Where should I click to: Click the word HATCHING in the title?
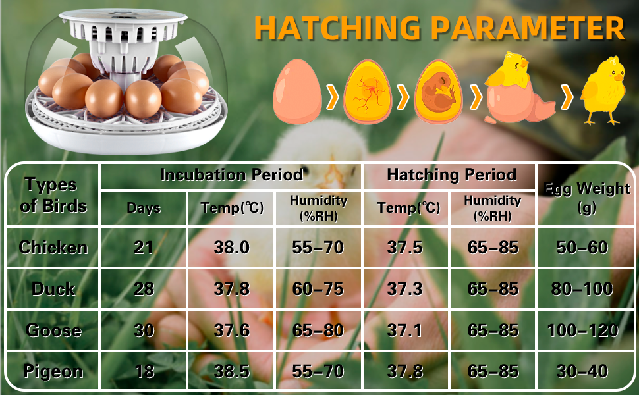(x=337, y=28)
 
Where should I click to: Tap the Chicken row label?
(x=53, y=247)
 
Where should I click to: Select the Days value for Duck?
(x=144, y=289)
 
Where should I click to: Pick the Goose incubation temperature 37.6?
(x=231, y=330)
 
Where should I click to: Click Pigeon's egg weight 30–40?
(x=582, y=371)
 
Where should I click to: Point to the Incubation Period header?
(x=232, y=174)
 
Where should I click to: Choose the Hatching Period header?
(x=451, y=174)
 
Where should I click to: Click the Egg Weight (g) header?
(x=587, y=198)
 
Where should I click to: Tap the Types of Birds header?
(x=53, y=195)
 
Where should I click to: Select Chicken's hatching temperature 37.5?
(x=404, y=247)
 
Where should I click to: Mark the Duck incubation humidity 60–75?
(x=318, y=289)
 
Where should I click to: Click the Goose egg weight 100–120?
(x=583, y=330)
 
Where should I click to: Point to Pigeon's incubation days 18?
(x=144, y=371)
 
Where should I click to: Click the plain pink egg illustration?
(x=297, y=92)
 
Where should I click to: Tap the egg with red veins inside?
(x=368, y=92)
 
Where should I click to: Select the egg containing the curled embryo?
(x=438, y=92)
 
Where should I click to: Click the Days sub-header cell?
(x=144, y=208)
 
